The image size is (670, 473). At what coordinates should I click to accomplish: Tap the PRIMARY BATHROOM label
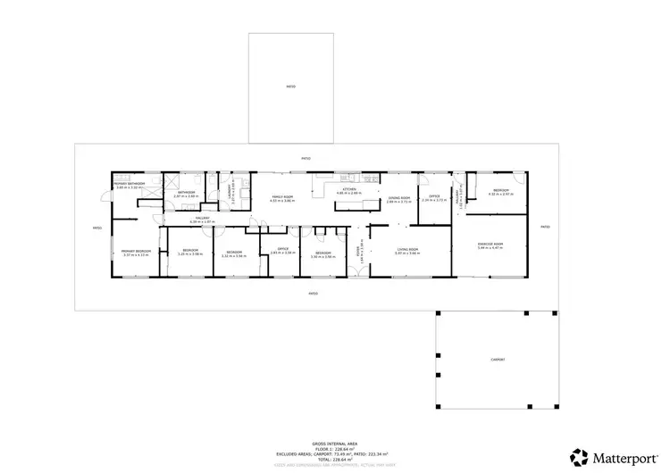(130, 184)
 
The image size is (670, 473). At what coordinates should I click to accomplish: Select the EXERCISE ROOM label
(490, 244)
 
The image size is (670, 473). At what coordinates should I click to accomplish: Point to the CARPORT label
(498, 360)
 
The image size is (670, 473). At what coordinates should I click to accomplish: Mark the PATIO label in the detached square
(290, 87)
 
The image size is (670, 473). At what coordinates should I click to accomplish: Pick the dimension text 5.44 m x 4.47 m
(490, 248)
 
